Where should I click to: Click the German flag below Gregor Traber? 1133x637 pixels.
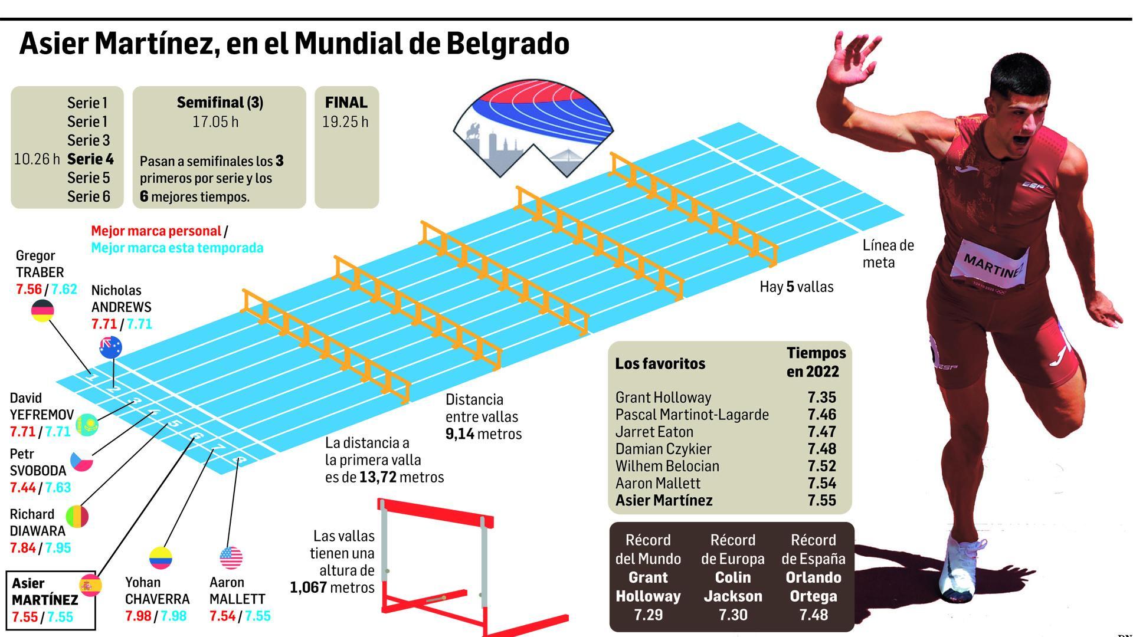pos(42,311)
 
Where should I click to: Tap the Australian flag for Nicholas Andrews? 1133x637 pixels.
pos(110,347)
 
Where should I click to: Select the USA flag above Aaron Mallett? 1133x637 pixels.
pos(231,557)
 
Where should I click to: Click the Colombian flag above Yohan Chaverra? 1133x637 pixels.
pos(160,558)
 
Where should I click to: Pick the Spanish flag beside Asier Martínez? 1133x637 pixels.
pos(90,585)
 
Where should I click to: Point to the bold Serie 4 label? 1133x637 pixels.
pos(90,159)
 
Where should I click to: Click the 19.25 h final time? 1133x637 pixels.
pos(345,122)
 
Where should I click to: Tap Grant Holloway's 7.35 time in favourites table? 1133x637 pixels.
pos(821,398)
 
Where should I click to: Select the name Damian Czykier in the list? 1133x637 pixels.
pos(663,449)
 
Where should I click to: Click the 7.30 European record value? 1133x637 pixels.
pos(733,615)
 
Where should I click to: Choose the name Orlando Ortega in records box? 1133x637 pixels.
pos(813,587)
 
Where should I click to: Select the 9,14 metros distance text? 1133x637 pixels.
pos(483,434)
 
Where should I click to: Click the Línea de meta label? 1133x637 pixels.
pos(888,254)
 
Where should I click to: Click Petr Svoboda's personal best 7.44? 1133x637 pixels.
pos(22,488)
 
